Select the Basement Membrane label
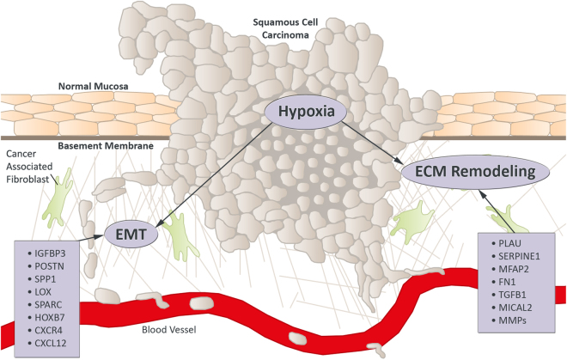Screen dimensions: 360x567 click(105, 146)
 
